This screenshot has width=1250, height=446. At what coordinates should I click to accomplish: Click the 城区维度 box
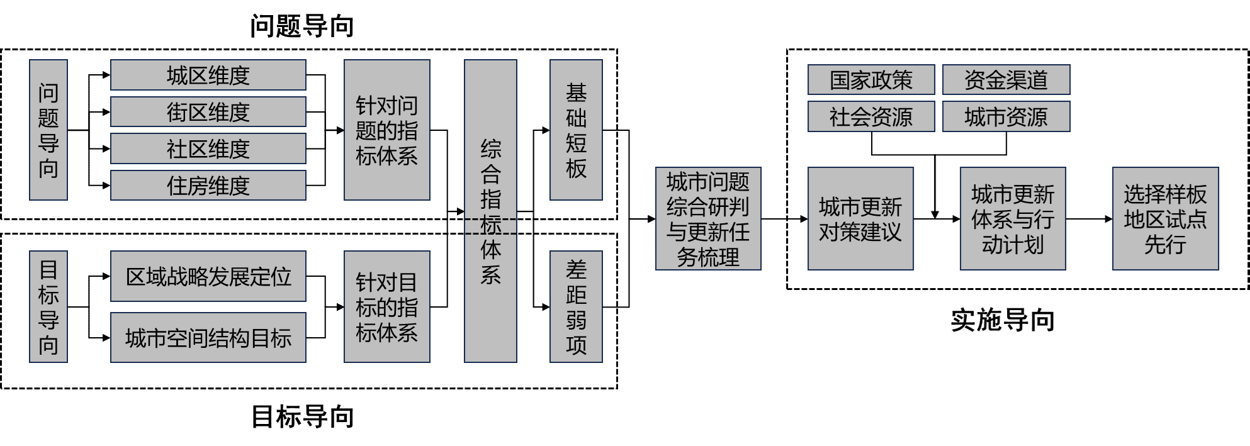point(208,75)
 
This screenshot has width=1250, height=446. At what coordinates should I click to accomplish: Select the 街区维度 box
point(208,112)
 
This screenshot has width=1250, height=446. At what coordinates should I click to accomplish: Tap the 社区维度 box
point(208,149)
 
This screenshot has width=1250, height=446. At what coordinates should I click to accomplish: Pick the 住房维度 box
point(208,186)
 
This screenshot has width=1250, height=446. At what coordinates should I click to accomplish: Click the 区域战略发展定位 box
point(208,276)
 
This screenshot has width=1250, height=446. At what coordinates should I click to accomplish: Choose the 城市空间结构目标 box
point(208,338)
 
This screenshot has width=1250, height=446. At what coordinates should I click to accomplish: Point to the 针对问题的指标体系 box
point(386,130)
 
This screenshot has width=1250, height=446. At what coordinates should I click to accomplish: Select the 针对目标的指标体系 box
point(386,307)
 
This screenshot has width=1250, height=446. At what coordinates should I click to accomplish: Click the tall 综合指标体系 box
point(490,211)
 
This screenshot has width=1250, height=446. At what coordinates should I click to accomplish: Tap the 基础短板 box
point(576,130)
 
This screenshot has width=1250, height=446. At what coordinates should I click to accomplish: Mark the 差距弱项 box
point(576,307)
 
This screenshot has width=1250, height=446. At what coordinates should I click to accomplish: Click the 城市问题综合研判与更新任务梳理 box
point(708,219)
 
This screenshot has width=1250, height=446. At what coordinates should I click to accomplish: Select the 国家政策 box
point(871,80)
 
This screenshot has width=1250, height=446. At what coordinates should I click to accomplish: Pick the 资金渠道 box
point(1006,80)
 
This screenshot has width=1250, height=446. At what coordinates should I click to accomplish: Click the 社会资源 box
point(871,117)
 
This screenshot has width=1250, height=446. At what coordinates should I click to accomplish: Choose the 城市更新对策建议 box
point(860,219)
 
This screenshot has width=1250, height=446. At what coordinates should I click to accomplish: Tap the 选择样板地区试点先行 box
point(1165,219)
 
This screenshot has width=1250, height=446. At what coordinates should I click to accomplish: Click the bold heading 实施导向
point(1003,320)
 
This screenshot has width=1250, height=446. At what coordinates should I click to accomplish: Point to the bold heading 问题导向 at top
point(302,26)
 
